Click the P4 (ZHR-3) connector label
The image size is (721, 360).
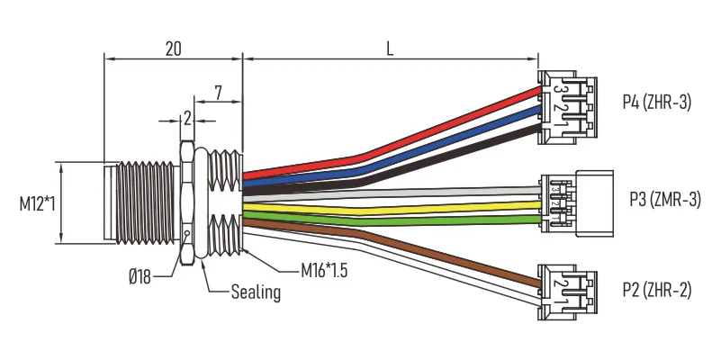click(x=657, y=102)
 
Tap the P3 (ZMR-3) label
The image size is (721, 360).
click(x=665, y=200)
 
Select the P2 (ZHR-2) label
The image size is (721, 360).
click(x=657, y=290)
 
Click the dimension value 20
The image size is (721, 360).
click(x=174, y=49)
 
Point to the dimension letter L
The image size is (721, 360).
click(x=390, y=49)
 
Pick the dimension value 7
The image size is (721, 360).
click(x=218, y=93)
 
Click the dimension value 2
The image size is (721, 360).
click(x=187, y=119)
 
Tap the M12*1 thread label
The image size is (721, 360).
click(x=37, y=203)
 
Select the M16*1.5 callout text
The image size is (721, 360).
click(x=324, y=271)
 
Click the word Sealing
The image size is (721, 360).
click(x=256, y=292)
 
